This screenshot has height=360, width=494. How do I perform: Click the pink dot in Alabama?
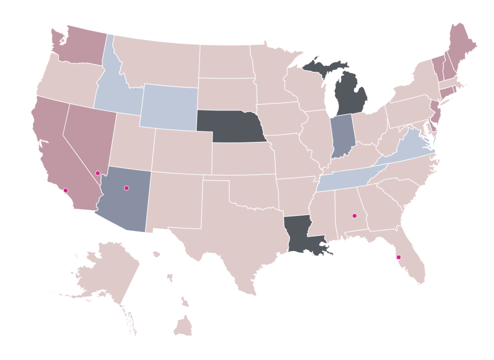click(354, 216)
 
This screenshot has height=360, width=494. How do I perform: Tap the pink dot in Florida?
click(398, 257)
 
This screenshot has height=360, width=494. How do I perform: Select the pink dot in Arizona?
click(126, 188)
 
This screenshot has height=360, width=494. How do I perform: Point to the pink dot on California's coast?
click(65, 190)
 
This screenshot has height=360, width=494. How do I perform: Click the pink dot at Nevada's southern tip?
click(98, 173)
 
